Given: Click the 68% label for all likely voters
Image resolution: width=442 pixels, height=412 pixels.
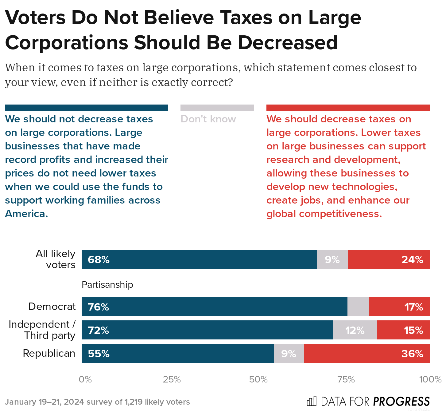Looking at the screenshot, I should pyautogui.click(x=99, y=260).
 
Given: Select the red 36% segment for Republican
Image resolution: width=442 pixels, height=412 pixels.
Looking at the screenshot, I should pyautogui.click(x=366, y=353).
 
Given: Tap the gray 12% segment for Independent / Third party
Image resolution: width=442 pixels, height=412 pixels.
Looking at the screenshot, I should pyautogui.click(x=355, y=330).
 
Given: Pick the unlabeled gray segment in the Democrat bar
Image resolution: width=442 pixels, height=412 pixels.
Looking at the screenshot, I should pyautogui.click(x=358, y=307).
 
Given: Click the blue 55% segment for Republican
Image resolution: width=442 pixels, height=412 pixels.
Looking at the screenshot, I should pyautogui.click(x=177, y=353).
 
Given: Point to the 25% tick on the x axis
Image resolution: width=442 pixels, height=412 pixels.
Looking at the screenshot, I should pyautogui.click(x=172, y=379).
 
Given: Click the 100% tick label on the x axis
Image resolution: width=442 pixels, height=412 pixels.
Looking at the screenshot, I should pyautogui.click(x=430, y=379).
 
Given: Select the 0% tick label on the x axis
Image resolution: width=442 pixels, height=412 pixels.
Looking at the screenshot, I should pyautogui.click(x=85, y=379).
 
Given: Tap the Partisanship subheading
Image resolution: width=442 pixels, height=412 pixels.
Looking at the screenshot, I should pyautogui.click(x=107, y=285).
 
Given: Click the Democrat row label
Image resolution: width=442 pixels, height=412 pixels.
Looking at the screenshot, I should pyautogui.click(x=52, y=307).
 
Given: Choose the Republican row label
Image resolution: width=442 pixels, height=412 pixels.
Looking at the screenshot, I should pyautogui.click(x=49, y=353).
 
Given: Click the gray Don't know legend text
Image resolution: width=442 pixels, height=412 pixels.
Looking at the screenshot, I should pyautogui.click(x=208, y=119).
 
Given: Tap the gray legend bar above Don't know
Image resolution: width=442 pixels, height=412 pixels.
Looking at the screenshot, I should pyautogui.click(x=217, y=108).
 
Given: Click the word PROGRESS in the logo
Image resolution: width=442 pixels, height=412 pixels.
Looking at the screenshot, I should pyautogui.click(x=401, y=402).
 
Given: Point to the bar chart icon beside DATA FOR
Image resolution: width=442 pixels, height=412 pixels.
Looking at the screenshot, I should pyautogui.click(x=312, y=401).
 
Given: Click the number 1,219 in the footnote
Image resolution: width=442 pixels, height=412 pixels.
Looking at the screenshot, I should pyautogui.click(x=133, y=402).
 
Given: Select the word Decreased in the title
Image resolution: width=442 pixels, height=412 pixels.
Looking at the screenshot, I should pyautogui.click(x=288, y=42).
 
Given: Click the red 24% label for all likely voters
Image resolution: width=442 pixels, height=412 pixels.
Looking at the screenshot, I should pyautogui.click(x=412, y=260).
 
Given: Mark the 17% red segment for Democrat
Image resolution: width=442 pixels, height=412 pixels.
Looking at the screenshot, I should pyautogui.click(x=399, y=307).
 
